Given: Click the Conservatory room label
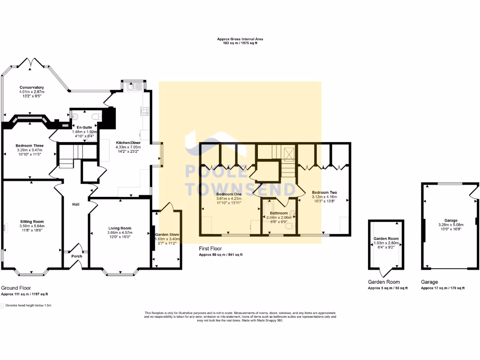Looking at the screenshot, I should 31,87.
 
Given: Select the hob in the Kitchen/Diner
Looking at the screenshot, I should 144,111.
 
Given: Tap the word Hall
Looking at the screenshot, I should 75,204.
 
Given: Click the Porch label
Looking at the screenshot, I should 76,256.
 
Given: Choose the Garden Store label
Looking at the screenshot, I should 167,234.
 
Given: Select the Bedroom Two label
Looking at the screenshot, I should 324,192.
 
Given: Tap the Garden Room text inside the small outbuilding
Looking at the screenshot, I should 385,239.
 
